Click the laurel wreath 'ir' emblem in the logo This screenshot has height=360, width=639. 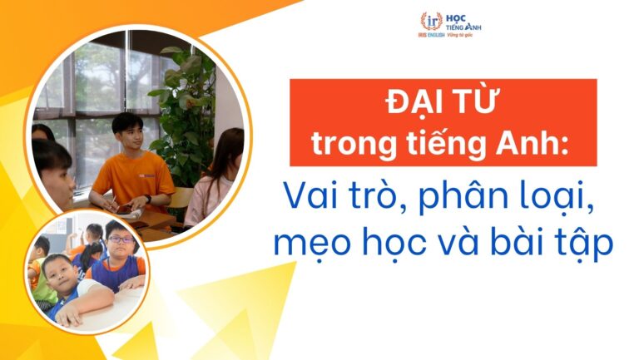coord(431,22)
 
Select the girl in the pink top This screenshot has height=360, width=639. coord(218,183)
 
